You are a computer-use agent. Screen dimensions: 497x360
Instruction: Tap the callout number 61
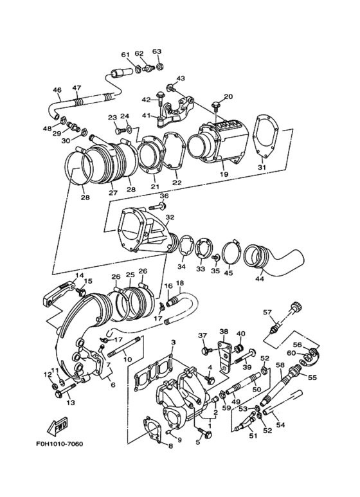pyautogui.click(x=125, y=54)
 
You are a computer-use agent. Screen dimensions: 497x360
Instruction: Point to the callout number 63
pyautogui.click(x=156, y=51)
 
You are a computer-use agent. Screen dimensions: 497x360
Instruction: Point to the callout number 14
pyautogui.click(x=80, y=276)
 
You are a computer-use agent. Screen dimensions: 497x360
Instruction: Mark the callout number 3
pyautogui.click(x=173, y=343)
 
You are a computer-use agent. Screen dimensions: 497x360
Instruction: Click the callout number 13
pyautogui.click(x=70, y=403)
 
